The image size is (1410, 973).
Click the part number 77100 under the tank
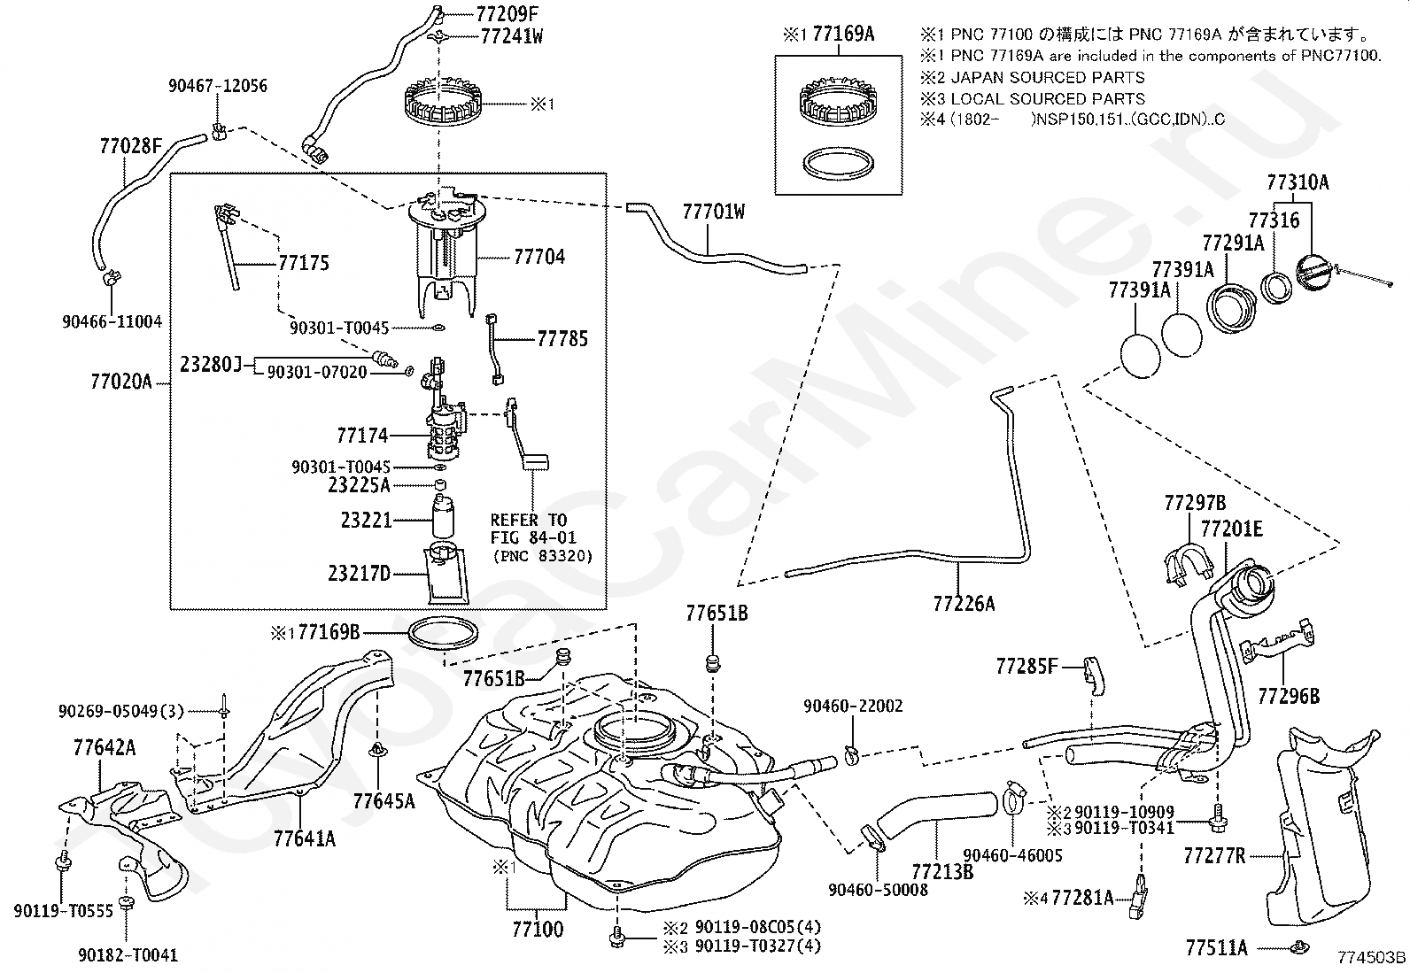(538, 929)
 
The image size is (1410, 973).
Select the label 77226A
(964, 604)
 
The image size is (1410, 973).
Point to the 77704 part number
(539, 257)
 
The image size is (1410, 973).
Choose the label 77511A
(1216, 948)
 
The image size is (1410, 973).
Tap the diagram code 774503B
(1371, 957)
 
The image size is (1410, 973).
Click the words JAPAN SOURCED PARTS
(1048, 77)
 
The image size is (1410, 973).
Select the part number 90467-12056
(218, 86)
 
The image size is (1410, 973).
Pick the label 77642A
(105, 748)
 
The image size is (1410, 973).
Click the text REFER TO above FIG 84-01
(528, 520)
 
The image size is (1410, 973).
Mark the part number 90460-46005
(1012, 854)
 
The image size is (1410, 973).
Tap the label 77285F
(1027, 666)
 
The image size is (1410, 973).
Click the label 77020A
(121, 382)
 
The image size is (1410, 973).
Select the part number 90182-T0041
(128, 954)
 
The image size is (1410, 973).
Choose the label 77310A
(1298, 182)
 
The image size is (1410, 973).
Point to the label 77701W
(714, 212)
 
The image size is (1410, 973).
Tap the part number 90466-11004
(112, 321)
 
